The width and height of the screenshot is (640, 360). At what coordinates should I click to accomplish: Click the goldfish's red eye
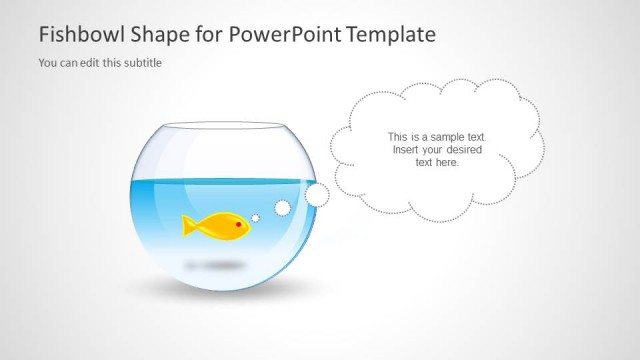(x=240, y=225)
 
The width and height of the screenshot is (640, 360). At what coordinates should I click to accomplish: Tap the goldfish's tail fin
(x=188, y=225)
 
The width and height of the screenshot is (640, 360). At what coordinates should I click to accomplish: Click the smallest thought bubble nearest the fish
(x=256, y=218)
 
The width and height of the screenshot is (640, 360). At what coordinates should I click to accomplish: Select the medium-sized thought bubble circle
(x=282, y=208)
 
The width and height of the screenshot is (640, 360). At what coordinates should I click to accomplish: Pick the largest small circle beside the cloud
(x=317, y=193)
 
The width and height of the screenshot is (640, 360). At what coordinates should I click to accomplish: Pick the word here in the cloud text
(x=448, y=162)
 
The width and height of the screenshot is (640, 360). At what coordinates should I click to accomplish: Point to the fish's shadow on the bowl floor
(x=215, y=265)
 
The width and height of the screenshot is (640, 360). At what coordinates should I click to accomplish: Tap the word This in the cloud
(x=397, y=137)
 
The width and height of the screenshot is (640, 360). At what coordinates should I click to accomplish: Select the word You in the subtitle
(x=48, y=63)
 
